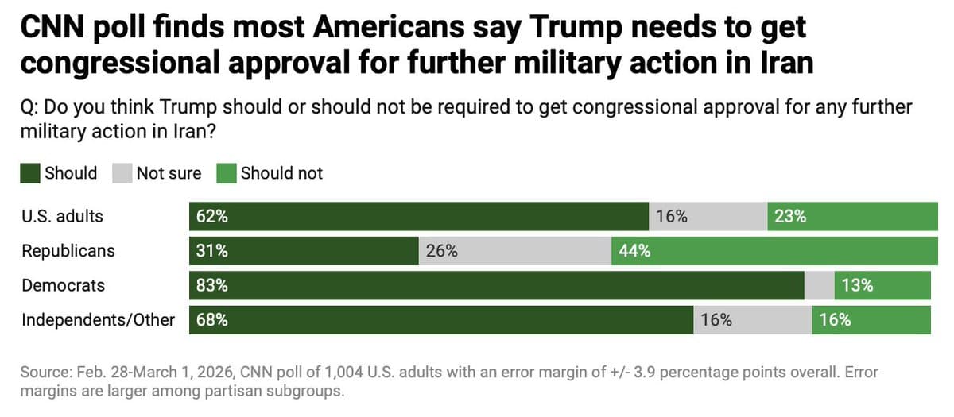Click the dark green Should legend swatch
coord(30,173)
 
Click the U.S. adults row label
coord(62,216)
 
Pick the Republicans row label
coord(68,251)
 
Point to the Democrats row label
coord(63,285)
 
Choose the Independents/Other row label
coord(98,320)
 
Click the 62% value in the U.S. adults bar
coord(212,216)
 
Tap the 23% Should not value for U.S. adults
coord(790,216)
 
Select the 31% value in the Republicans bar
coord(212,251)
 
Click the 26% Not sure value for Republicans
coord(442,251)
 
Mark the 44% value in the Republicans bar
coord(634,251)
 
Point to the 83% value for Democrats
coord(212,285)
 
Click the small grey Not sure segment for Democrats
coord(819,285)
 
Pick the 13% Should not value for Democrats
coord(857,285)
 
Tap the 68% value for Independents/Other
coord(212,320)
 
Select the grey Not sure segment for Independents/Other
coord(752,320)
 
